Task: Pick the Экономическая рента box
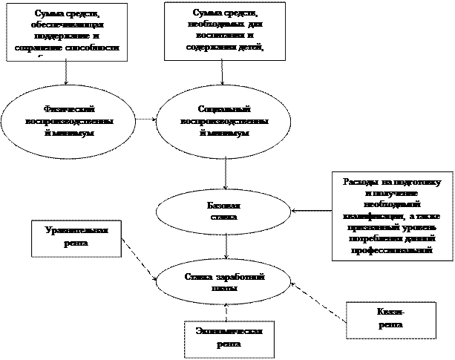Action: [x=229, y=338]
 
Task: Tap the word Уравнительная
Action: [x=76, y=231]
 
